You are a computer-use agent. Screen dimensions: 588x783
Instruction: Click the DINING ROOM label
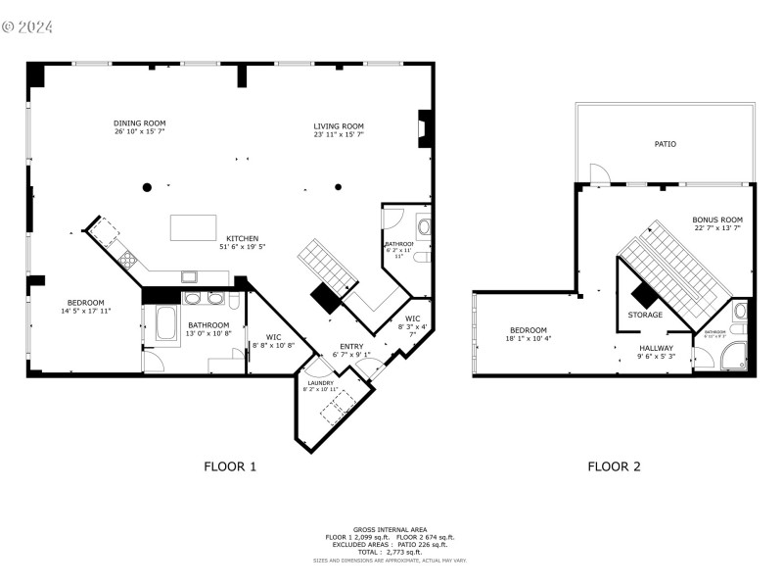(138, 124)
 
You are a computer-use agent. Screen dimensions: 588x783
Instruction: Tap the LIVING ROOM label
(339, 126)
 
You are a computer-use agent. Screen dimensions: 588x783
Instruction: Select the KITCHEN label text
(243, 239)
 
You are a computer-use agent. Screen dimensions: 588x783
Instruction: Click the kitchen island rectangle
(191, 227)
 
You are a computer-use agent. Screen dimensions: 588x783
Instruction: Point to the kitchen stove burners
(126, 260)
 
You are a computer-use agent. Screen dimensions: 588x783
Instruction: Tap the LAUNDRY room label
(321, 383)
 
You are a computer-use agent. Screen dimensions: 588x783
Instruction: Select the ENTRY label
(351, 347)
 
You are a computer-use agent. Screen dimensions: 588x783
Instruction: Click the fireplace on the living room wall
(425, 128)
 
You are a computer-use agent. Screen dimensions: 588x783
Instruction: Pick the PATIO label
(666, 144)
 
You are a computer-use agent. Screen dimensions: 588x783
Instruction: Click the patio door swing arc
(599, 174)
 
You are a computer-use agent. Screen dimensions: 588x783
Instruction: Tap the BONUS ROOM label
(717, 220)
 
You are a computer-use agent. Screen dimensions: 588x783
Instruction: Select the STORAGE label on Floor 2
(645, 315)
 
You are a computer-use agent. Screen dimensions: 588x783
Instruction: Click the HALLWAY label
(656, 348)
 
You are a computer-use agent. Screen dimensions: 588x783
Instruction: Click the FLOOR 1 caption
(230, 466)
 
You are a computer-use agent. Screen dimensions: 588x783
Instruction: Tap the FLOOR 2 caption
(614, 466)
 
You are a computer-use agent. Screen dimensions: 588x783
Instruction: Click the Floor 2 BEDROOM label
(528, 330)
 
